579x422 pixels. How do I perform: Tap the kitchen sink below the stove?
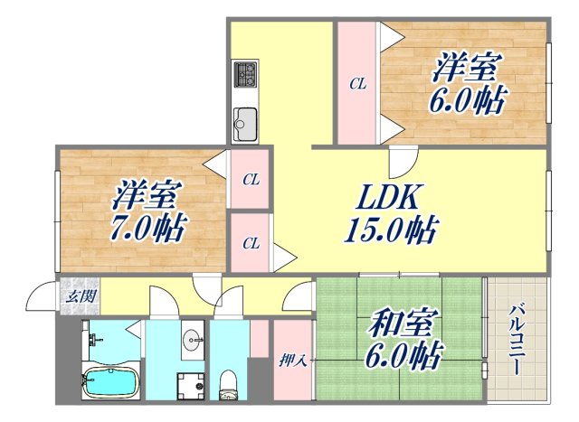tap(245, 117)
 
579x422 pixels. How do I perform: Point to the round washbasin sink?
tap(192, 341)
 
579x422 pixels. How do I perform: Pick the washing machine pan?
tap(191, 383)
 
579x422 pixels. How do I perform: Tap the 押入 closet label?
tap(290, 360)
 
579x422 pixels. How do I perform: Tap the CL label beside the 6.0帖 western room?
tap(358, 84)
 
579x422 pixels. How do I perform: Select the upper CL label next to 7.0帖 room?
tap(251, 180)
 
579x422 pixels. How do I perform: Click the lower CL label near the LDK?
tap(251, 242)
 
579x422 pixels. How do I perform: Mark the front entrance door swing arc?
tap(41, 296)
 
